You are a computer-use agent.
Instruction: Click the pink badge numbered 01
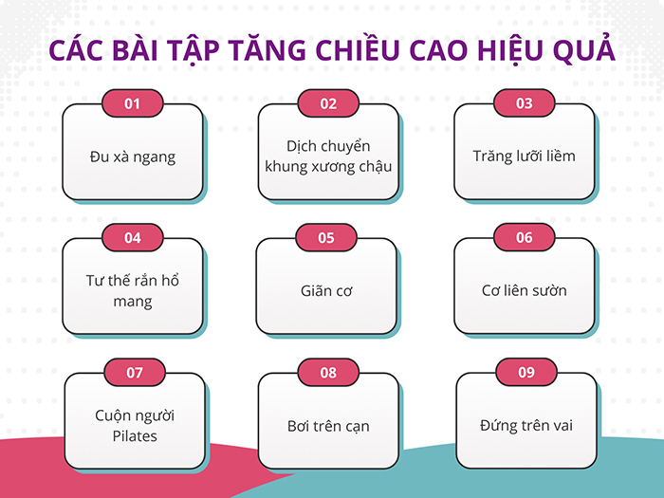[132, 103]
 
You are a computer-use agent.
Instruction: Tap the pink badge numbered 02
[328, 103]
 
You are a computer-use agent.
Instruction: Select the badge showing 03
[524, 102]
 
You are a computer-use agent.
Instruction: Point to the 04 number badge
[132, 238]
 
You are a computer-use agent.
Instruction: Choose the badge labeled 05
[326, 238]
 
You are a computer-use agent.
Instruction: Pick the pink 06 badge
[524, 238]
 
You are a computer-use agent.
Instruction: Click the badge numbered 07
[134, 373]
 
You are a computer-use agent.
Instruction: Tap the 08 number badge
[328, 373]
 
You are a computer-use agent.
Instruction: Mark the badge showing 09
[526, 373]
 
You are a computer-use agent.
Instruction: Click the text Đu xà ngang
[132, 157]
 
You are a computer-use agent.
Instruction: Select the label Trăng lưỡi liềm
[524, 156]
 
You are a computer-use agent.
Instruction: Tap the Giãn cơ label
[326, 291]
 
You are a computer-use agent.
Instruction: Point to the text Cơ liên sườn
[524, 290]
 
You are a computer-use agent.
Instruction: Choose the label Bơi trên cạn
[328, 426]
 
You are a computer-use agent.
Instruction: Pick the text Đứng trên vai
[526, 425]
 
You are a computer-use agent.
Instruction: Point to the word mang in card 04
[132, 302]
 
